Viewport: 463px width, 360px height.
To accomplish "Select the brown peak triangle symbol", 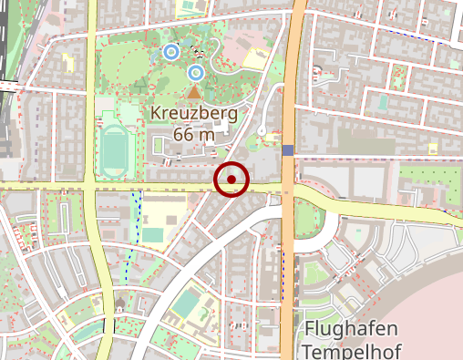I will click(192, 92).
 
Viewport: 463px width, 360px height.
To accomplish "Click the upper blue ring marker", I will click(170, 53).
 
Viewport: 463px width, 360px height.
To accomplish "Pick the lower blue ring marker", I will click(195, 72).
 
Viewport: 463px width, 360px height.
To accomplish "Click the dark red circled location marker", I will click(231, 180).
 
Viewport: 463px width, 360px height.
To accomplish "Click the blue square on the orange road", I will click(288, 150).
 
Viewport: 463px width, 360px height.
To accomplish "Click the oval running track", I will click(115, 151).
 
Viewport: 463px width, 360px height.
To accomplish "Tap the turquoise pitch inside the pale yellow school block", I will click(152, 234).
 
